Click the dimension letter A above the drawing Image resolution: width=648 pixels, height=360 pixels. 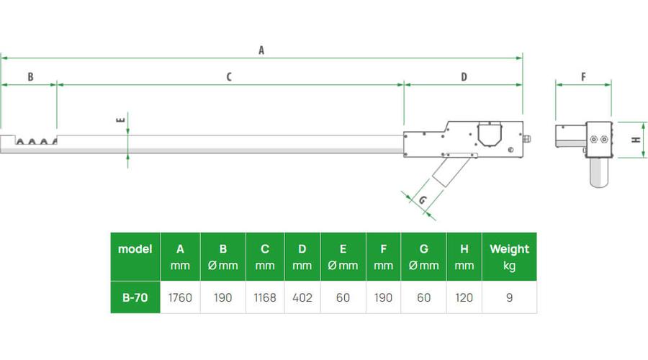pyautogui.click(x=261, y=50)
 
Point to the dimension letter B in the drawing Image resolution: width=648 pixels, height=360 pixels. pyautogui.click(x=30, y=77)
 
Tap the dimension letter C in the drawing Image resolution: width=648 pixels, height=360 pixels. pyautogui.click(x=229, y=77)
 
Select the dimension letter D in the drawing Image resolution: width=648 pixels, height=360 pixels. pyautogui.click(x=464, y=77)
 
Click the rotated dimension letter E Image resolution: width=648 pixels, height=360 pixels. pyautogui.click(x=120, y=120)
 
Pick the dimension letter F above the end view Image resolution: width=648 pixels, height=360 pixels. pyautogui.click(x=583, y=77)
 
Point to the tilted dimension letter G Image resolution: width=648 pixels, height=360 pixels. pyautogui.click(x=423, y=200)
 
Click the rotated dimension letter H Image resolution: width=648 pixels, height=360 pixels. pyautogui.click(x=636, y=140)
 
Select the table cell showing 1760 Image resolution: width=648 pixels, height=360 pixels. pyautogui.click(x=180, y=297)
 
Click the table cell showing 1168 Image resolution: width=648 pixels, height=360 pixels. pyautogui.click(x=265, y=297)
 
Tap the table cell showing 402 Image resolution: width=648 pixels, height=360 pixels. pyautogui.click(x=302, y=297)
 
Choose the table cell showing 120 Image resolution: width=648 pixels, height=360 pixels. pyautogui.click(x=464, y=297)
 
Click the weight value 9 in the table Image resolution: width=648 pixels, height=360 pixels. pyautogui.click(x=509, y=297)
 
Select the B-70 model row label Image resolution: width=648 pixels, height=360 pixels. pyautogui.click(x=135, y=297)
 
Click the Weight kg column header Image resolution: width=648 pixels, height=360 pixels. pyautogui.click(x=509, y=256)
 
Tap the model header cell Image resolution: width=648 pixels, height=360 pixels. pyautogui.click(x=135, y=256)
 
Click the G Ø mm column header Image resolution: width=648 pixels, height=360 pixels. pyautogui.click(x=423, y=256)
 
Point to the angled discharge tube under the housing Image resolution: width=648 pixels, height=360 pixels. pyautogui.click(x=451, y=171)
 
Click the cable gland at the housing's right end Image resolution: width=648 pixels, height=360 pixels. pyautogui.click(x=527, y=138)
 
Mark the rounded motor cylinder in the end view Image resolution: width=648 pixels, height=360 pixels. pyautogui.click(x=599, y=172)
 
